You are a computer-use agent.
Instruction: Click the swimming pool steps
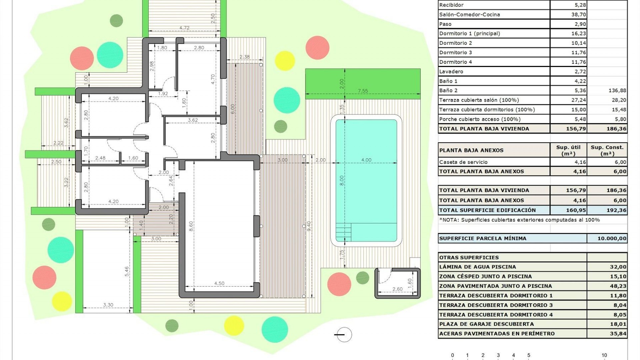343,232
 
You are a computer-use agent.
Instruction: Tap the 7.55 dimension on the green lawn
363,91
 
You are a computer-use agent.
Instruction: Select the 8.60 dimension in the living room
191,226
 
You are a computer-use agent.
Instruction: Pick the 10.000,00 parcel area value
612,238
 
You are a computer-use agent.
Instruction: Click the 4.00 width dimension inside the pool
366,160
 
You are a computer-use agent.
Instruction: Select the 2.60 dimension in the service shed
397,289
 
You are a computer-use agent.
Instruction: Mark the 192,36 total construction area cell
616,210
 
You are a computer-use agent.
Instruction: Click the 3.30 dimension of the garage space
108,305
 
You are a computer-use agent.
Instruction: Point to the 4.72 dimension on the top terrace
184,28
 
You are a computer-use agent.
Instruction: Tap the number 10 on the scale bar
604,355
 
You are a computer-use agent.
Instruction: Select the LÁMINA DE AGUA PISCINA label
477,267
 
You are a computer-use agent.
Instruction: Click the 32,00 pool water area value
618,267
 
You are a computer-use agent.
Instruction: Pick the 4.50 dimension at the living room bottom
219,283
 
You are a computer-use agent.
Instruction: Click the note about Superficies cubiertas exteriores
519,220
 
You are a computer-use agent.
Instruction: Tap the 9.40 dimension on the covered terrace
309,226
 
